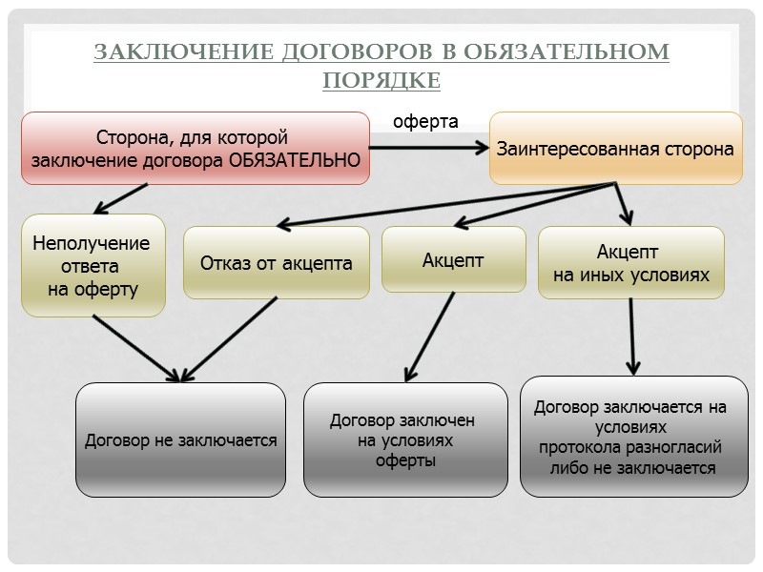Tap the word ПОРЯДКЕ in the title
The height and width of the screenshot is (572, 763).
[381, 80]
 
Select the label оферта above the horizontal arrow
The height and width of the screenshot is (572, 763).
[426, 122]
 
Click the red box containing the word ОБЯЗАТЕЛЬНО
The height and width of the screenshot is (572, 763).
[196, 148]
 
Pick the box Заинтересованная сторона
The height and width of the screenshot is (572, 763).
[615, 149]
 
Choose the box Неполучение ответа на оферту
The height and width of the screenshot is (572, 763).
[93, 266]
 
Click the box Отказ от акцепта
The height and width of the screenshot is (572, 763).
[276, 263]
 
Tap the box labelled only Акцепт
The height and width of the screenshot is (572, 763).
[453, 259]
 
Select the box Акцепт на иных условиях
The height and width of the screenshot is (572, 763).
[631, 263]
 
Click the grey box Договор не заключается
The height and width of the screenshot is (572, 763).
[180, 440]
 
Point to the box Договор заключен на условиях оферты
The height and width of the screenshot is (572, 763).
[405, 440]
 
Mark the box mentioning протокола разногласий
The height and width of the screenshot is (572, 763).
[633, 437]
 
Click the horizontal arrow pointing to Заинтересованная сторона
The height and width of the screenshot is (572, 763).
[429, 148]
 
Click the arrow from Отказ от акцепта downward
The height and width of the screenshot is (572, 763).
[229, 338]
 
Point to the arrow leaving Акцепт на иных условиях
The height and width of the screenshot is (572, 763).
[631, 334]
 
